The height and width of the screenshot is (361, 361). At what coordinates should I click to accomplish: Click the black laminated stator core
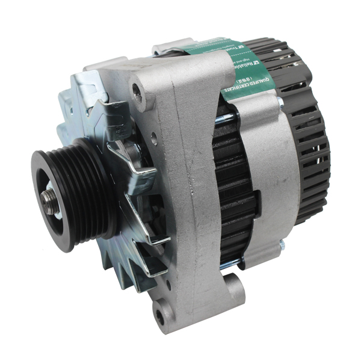(x=232, y=193)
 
